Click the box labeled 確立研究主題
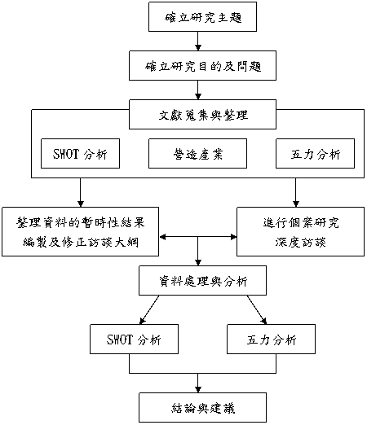tap(202, 17)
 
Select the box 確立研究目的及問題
tap(202, 65)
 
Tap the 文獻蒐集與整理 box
tap(202, 114)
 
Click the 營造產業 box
tap(197, 154)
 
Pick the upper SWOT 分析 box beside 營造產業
tap(80, 154)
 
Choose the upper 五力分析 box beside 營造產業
tap(315, 154)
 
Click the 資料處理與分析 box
tap(202, 281)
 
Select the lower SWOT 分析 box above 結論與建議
tap(134, 340)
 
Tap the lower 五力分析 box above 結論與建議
tap(271, 340)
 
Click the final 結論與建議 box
tap(202, 408)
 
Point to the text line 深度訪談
tap(300, 242)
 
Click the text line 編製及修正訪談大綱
tap(81, 242)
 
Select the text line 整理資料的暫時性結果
tap(81, 222)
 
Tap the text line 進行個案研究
tap(301, 222)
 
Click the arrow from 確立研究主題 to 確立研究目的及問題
tap(198, 41)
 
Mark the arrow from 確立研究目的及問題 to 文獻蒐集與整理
tap(198, 90)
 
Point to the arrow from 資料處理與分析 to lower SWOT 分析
tap(149, 310)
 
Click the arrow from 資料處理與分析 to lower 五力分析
tap(257, 310)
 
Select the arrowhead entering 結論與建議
tap(198, 389)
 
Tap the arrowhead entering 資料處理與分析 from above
tap(198, 262)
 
